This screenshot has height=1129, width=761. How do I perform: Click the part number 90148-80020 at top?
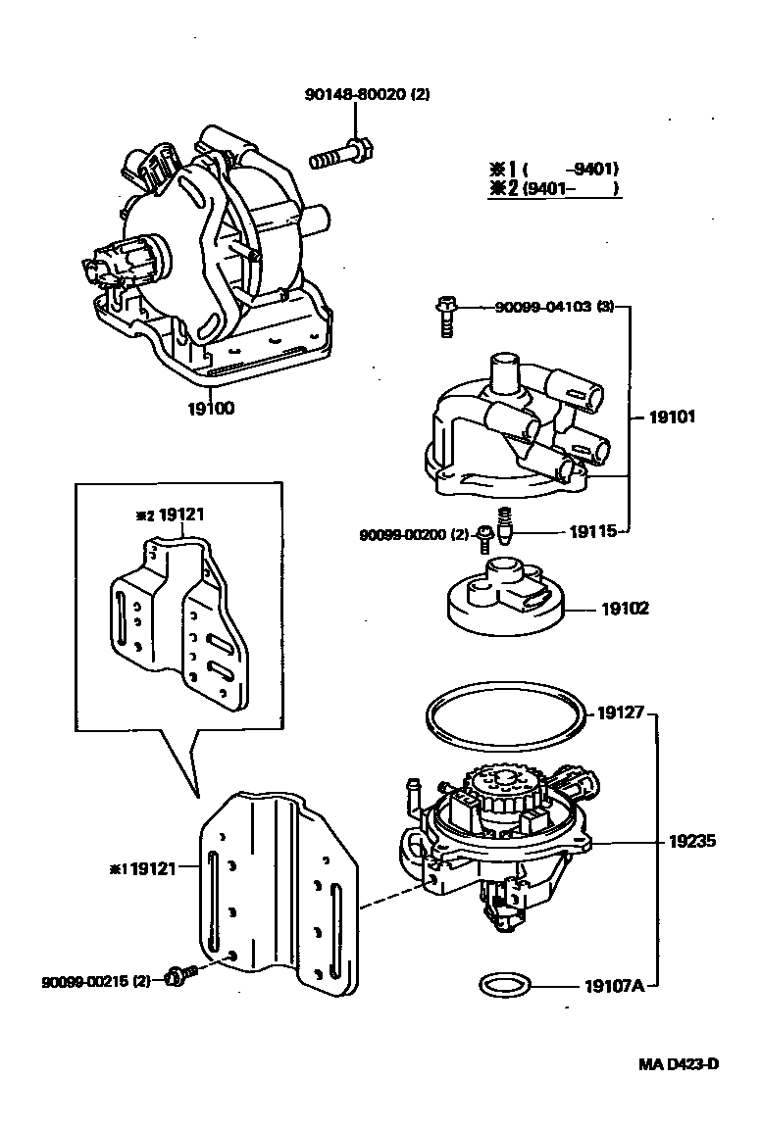tap(367, 95)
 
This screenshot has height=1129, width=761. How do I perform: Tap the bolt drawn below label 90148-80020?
tap(339, 155)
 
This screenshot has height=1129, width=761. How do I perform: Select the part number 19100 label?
tap(211, 408)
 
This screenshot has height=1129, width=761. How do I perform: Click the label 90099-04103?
tap(541, 307)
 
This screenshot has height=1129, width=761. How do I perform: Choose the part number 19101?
tap(672, 417)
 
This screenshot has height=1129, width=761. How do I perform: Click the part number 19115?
tap(592, 532)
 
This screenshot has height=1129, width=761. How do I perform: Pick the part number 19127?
tap(620, 712)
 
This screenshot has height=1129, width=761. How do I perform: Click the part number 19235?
tap(692, 841)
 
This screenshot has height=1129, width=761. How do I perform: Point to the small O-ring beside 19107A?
tap(504, 985)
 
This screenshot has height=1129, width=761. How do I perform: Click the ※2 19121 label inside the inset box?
tap(170, 513)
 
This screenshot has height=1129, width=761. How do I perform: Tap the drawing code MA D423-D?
tap(679, 1063)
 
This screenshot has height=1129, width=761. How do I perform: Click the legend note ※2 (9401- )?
tap(554, 189)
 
